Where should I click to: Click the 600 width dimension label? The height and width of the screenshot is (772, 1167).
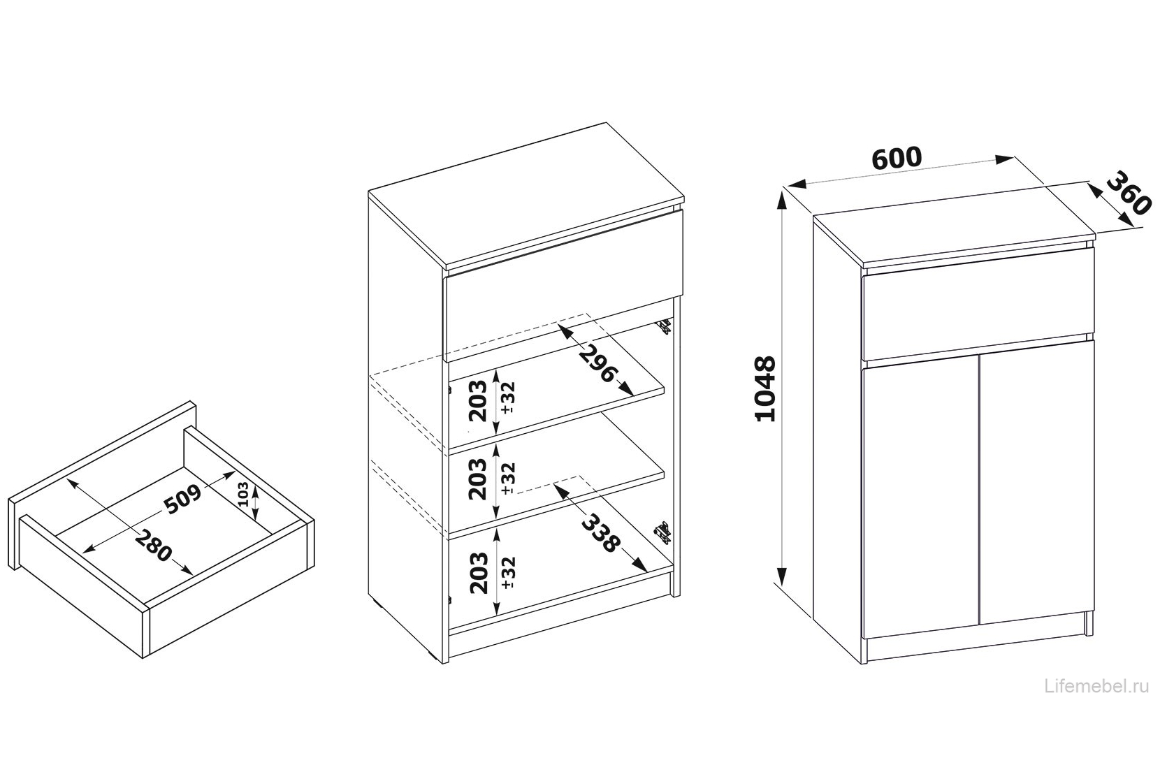pyautogui.click(x=897, y=158)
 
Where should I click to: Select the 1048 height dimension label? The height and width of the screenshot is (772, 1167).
pyautogui.click(x=764, y=388)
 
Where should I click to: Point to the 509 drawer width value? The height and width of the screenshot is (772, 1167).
pyautogui.click(x=182, y=499)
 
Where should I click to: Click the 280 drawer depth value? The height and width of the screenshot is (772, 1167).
pyautogui.click(x=152, y=546)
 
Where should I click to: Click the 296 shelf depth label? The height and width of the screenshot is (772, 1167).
pyautogui.click(x=598, y=364)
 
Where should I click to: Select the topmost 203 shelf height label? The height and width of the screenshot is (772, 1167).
pyautogui.click(x=478, y=400)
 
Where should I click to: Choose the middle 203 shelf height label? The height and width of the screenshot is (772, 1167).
pyautogui.click(x=478, y=479)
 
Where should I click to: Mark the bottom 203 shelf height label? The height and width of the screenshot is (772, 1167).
pyautogui.click(x=479, y=573)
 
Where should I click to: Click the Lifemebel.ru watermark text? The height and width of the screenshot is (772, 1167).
pyautogui.click(x=1096, y=687)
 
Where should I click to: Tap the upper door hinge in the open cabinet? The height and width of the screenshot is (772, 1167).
pyautogui.click(x=665, y=327)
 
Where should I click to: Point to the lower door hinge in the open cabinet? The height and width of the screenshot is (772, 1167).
pyautogui.click(x=662, y=532)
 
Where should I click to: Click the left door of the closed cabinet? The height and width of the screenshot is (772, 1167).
pyautogui.click(x=920, y=498)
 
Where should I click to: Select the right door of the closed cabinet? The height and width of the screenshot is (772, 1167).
pyautogui.click(x=1037, y=482)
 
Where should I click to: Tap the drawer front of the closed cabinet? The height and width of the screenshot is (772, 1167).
pyautogui.click(x=978, y=304)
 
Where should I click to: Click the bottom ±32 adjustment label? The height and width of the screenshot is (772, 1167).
pyautogui.click(x=507, y=573)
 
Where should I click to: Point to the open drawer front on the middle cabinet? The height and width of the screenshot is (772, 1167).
pyautogui.click(x=563, y=286)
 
